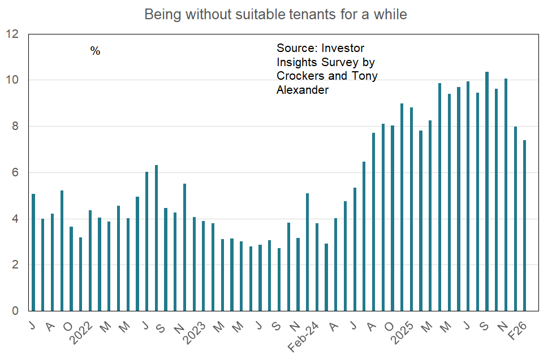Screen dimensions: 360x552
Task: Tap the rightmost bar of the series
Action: [525, 225]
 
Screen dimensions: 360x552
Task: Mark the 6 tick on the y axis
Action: [15, 173]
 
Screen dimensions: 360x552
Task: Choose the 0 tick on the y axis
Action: [15, 311]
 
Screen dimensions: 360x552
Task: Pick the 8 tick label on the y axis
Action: [15, 127]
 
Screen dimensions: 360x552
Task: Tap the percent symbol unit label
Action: [95, 51]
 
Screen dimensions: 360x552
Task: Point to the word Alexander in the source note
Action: [303, 90]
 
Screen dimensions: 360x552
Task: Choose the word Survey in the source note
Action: [338, 62]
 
